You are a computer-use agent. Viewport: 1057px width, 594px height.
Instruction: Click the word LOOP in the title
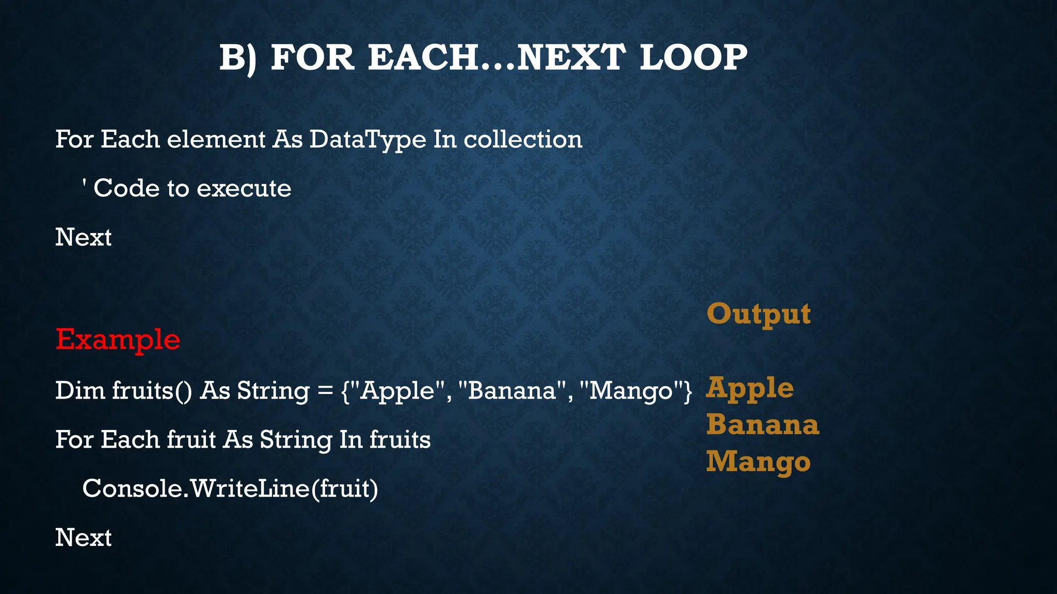(693, 57)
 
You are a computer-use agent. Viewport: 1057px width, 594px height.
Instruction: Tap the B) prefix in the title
(237, 58)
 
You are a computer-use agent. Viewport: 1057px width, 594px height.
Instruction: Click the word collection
(523, 139)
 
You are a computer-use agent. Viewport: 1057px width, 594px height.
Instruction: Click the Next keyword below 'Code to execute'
(83, 237)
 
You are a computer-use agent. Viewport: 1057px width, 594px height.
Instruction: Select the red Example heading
(118, 340)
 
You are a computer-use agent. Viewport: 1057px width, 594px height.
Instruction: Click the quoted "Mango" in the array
(632, 390)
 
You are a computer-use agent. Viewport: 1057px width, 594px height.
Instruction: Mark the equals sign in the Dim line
(325, 391)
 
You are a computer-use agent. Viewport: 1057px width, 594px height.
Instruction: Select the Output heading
(758, 313)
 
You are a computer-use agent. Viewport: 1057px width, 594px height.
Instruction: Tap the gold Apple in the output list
(749, 388)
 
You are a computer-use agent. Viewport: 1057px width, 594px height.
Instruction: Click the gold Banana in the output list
(762, 425)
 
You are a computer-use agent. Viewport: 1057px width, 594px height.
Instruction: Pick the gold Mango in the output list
(758, 462)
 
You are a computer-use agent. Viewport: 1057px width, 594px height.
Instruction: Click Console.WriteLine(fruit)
(230, 488)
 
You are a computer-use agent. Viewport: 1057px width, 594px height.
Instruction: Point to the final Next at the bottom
(83, 538)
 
